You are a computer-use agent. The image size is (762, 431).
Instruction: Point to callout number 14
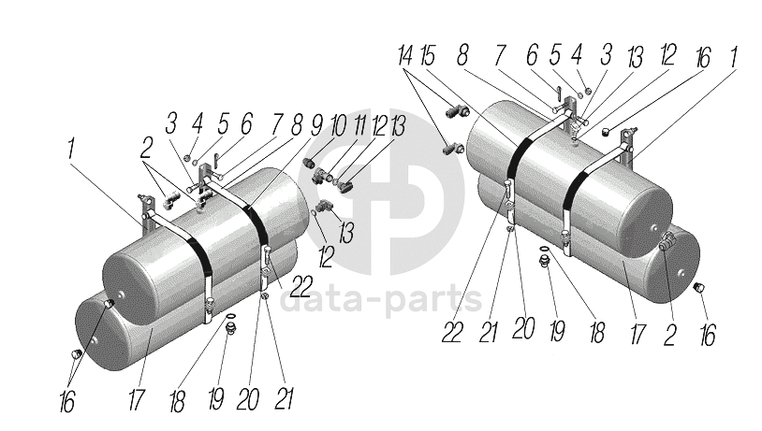tap(404, 55)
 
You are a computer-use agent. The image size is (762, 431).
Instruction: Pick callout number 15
tap(429, 55)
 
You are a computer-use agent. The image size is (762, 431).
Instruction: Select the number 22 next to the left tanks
tap(302, 283)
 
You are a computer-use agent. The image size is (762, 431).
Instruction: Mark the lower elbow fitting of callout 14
tap(448, 147)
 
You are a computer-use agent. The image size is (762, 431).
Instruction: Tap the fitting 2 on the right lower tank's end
tap(668, 245)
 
